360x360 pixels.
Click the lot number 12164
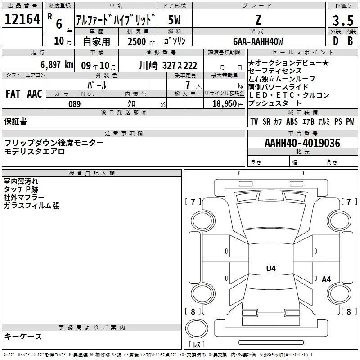point(22,19)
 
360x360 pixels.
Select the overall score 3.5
point(343,20)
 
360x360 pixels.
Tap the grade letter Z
point(258,20)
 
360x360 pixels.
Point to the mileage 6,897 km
point(57,65)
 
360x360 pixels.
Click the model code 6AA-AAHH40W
point(258,41)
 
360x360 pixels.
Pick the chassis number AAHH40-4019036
point(302,143)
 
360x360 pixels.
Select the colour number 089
point(74,104)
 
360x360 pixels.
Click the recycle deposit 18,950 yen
point(228,104)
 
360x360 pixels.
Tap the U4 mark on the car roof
point(271,268)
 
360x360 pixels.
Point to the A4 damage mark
point(326,279)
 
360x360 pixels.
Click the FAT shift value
point(13,94)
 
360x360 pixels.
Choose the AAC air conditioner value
point(35,94)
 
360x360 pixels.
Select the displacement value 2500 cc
point(141,41)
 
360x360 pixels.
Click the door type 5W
point(174,20)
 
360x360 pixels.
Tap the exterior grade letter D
point(336,41)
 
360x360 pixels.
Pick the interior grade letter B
point(350,41)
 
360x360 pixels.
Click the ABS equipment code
point(292,121)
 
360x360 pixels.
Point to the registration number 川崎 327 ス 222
point(168,66)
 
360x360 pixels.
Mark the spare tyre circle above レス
point(197,328)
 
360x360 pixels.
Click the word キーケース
point(23,337)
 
